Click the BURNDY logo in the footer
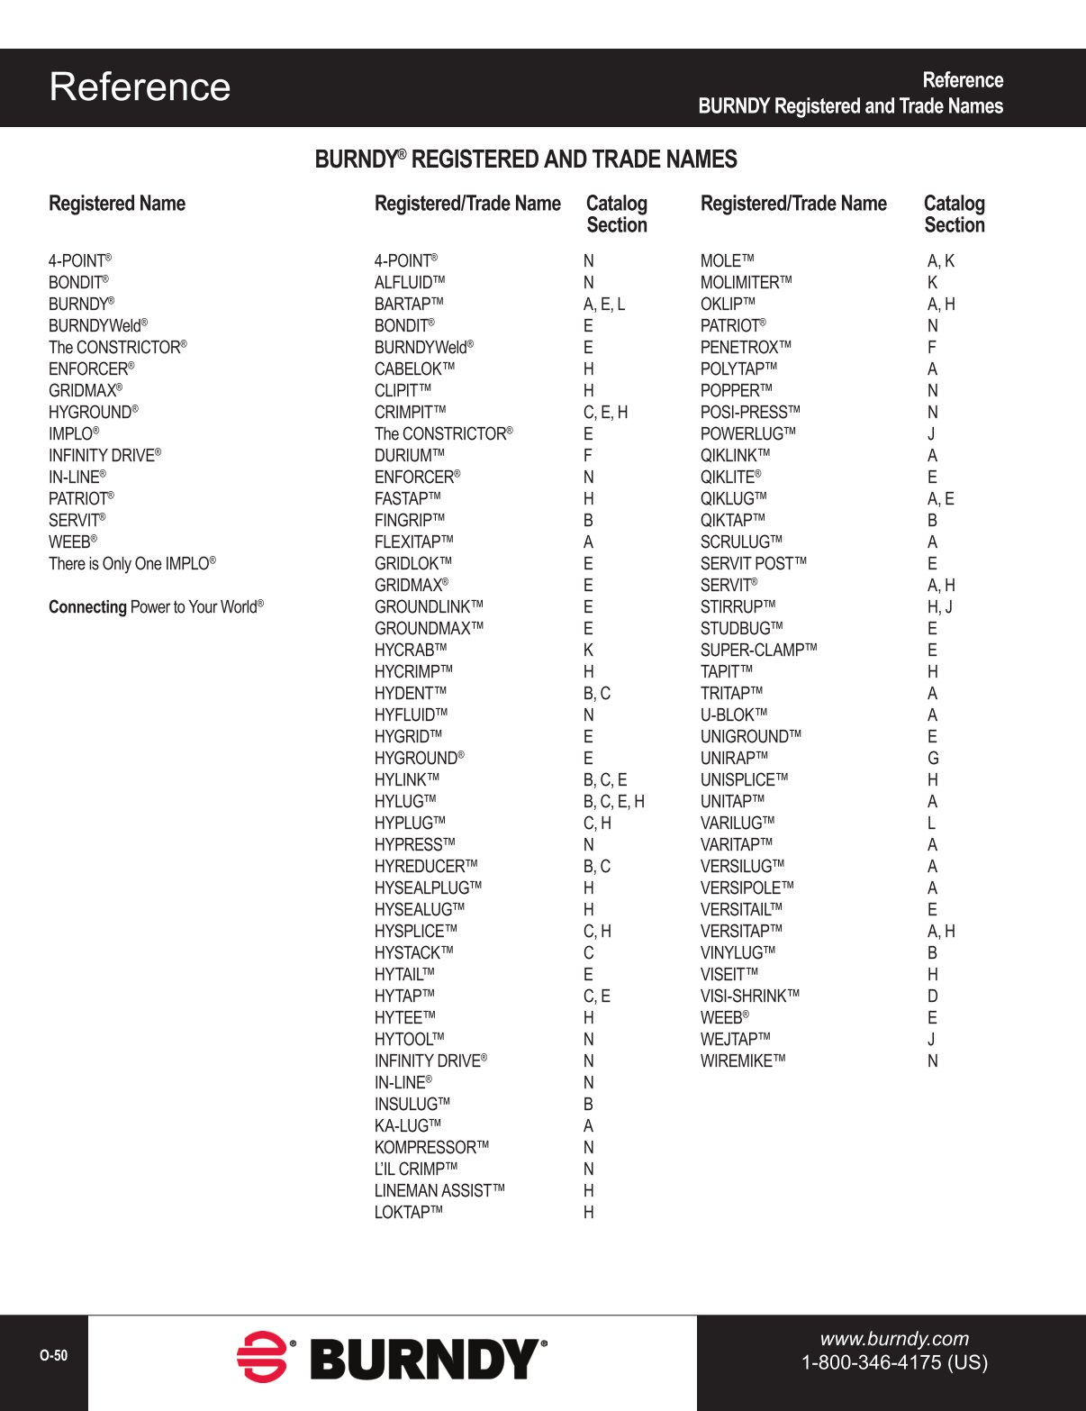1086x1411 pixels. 392,1358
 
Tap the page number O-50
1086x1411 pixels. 53,1356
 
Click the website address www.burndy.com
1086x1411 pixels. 894,1339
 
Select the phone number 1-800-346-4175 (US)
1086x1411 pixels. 894,1362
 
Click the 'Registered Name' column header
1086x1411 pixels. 117,204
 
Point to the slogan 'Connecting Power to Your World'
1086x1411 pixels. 156,607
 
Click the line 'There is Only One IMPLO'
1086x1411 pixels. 131,564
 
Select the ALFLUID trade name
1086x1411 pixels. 410,283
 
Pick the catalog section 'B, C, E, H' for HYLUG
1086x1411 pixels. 613,802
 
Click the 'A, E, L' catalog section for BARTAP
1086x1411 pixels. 603,305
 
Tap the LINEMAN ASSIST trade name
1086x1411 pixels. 439,1191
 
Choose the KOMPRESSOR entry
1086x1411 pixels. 431,1148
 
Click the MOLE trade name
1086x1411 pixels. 727,261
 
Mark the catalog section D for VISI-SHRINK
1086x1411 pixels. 933,997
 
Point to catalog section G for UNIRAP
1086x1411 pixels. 933,759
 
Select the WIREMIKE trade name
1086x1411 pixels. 743,1061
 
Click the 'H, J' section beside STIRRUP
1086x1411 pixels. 940,607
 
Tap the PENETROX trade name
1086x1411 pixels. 746,348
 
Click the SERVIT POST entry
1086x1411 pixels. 753,564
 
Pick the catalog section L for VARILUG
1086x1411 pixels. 931,824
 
